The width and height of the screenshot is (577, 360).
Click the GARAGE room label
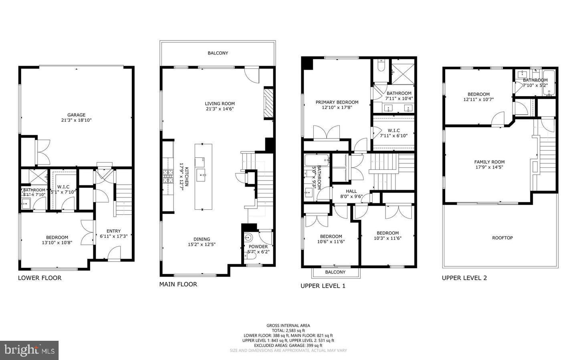tap(76, 115)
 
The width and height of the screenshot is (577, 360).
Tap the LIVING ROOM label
tap(220, 103)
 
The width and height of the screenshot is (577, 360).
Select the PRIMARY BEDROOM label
tap(337, 102)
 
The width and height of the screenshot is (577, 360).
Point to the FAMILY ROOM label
tap(489, 162)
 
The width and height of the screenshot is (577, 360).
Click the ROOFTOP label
tap(502, 238)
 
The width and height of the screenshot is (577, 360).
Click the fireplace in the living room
tap(268, 103)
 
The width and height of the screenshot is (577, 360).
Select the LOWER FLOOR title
tap(40, 278)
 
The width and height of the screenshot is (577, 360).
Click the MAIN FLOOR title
tap(178, 284)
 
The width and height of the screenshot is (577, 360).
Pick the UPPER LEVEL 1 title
tap(323, 286)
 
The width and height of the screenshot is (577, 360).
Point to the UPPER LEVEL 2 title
tap(464, 278)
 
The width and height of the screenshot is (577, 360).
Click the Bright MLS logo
tap(29, 350)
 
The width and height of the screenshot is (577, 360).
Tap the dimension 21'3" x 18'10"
tap(76, 120)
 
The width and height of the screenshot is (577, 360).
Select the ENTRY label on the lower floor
tap(113, 231)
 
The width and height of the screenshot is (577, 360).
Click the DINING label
tap(202, 239)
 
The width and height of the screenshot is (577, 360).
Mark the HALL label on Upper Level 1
tap(351, 191)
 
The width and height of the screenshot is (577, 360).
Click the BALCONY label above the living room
tap(218, 53)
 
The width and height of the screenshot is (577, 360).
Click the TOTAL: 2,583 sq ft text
tap(288, 331)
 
